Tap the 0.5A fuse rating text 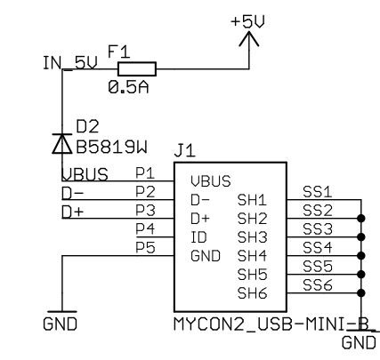point(128,87)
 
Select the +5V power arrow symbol point(249,39)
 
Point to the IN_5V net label point(70,63)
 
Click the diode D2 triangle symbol point(62,144)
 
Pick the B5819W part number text point(111,148)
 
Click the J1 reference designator point(184,151)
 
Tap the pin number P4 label point(145,228)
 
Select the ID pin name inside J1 point(198,237)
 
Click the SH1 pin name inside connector point(252,200)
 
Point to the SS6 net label point(317,284)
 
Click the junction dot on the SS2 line point(361,219)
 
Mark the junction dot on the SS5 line point(361,275)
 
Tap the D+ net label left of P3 point(72,212)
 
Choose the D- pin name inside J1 point(200,200)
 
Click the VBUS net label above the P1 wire point(85,174)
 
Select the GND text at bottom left point(60,324)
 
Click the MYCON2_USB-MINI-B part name point(271,324)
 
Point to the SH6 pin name point(252,293)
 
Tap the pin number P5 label point(145,247)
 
